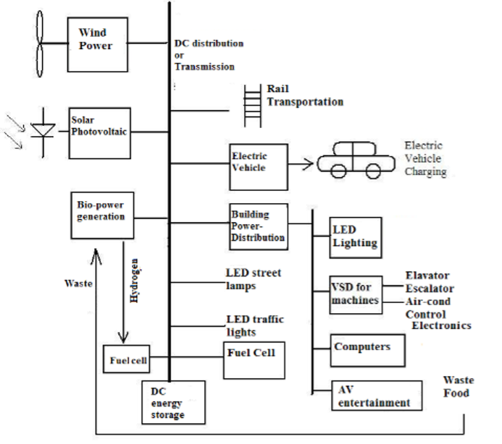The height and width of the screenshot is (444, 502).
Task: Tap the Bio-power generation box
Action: (102, 215)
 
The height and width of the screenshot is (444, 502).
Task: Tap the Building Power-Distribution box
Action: (258, 226)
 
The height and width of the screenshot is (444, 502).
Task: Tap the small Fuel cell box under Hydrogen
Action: (128, 359)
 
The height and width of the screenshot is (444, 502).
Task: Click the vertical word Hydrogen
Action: (135, 278)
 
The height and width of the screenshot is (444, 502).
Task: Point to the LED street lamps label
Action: (254, 279)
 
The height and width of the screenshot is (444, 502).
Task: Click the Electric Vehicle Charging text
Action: (425, 158)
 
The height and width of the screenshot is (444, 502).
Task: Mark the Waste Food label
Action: (457, 387)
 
